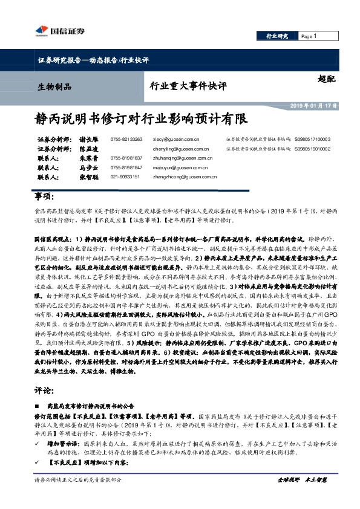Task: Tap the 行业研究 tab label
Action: point(277,36)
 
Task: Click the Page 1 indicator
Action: point(309,36)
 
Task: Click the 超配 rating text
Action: point(325,78)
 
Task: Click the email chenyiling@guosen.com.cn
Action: point(181,148)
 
